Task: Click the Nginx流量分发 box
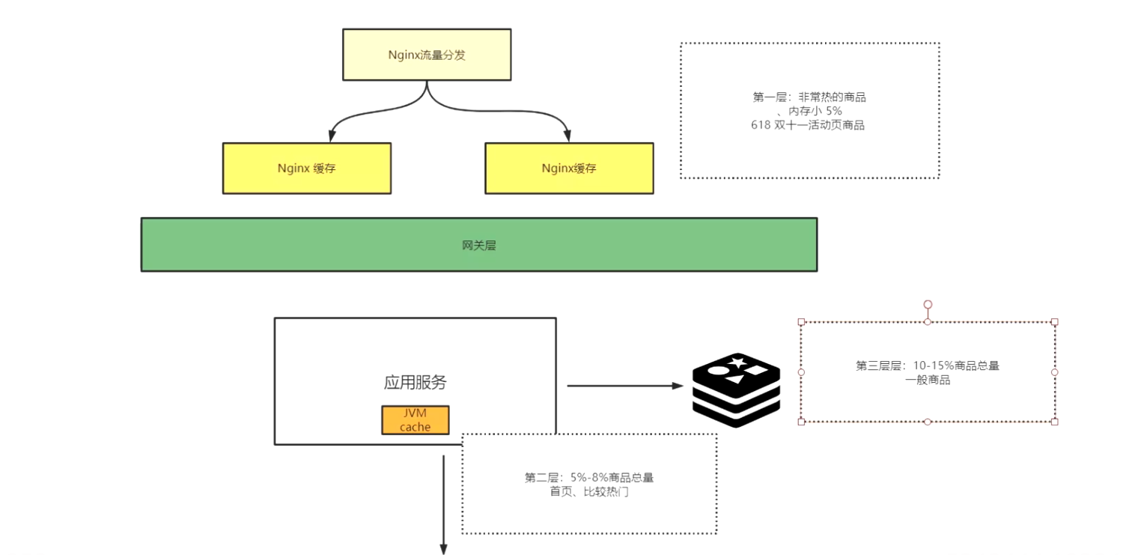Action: pos(427,55)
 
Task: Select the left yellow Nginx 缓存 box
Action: pos(307,169)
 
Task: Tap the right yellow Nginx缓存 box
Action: pos(569,169)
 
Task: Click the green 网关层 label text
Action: pos(478,245)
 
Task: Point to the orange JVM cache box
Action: pos(416,420)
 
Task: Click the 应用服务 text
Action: pos(416,382)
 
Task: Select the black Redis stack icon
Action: pos(736,389)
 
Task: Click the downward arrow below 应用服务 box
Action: pos(443,509)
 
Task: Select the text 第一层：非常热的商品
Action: pos(810,97)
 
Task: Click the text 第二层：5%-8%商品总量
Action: pos(589,478)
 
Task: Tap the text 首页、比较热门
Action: pos(589,492)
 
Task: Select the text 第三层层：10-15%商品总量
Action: pos(928,366)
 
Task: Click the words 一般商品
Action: pos(928,380)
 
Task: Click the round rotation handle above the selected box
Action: pos(928,305)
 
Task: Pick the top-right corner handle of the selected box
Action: pos(1054,322)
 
